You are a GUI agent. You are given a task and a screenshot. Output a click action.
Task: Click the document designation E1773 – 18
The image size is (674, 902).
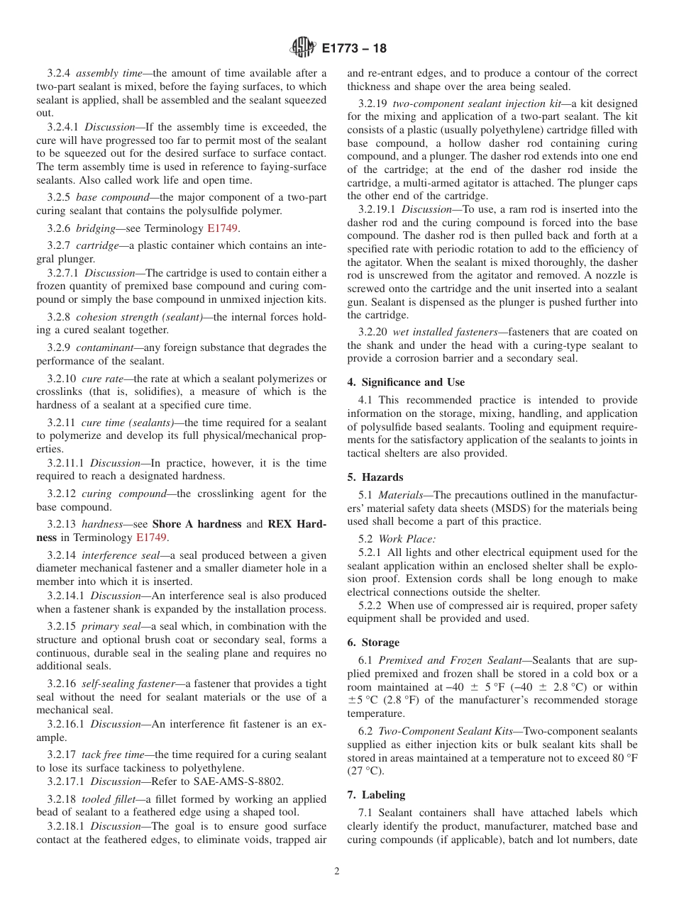354,49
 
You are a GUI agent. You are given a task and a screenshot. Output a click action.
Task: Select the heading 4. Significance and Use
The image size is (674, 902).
406,382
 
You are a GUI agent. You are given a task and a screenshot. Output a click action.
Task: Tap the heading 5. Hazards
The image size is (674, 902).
375,477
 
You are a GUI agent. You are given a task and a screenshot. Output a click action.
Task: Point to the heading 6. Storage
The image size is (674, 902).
373,642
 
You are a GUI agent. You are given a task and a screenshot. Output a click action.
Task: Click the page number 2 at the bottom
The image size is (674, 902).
337,872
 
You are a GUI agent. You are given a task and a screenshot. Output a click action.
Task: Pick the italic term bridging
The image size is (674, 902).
96,228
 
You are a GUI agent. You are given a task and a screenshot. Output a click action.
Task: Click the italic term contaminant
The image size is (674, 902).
102,347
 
